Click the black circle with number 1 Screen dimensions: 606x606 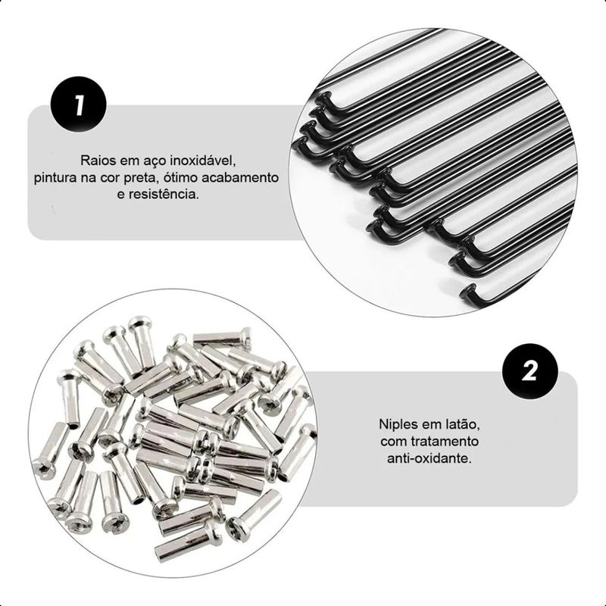[x=79, y=105]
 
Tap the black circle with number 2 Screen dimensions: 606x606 [x=529, y=371]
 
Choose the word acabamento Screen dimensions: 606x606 [x=240, y=178]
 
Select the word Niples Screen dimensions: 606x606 [x=396, y=424]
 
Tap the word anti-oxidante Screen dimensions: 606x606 [x=430, y=459]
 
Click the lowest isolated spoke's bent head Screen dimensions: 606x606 [x=468, y=295]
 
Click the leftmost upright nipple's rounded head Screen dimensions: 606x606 [x=69, y=374]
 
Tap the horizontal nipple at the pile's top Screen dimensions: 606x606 [x=222, y=338]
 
